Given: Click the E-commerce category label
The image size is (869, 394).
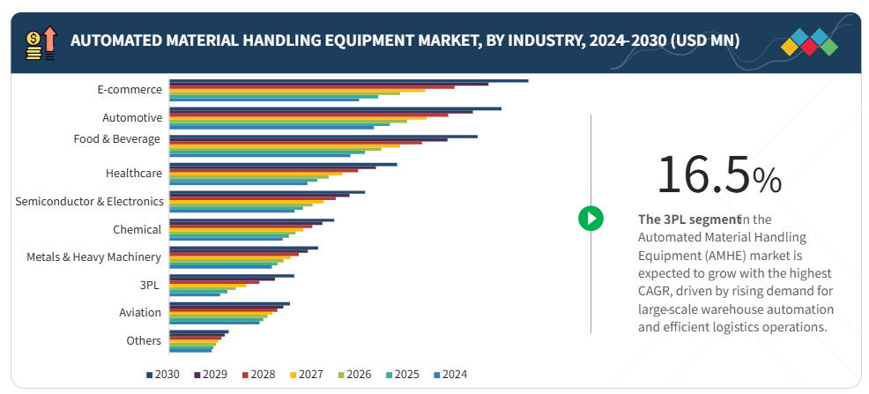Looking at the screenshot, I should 130,89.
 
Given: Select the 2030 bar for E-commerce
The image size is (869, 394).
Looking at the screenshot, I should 348,80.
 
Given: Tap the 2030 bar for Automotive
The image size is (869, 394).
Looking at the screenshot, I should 335,108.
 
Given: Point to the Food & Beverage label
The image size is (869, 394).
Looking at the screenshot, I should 117,138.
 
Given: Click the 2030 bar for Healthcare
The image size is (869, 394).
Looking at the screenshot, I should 283,164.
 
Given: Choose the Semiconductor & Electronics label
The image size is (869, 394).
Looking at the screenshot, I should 89,201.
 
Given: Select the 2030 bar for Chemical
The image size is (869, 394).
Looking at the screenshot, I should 251,219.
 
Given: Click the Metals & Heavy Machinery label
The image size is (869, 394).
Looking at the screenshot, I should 93,256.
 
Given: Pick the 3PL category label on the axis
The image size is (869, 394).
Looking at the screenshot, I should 151,285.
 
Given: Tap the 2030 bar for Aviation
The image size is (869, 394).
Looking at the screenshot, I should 229,303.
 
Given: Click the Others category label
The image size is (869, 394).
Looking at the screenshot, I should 144,340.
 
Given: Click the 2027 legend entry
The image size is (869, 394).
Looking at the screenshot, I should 306,375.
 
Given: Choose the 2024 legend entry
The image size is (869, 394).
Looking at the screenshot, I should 449,375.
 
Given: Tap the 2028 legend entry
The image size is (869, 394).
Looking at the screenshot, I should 258,375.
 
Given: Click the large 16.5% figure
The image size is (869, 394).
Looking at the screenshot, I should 718,175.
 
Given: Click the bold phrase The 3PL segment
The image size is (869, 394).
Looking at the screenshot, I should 688,219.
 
